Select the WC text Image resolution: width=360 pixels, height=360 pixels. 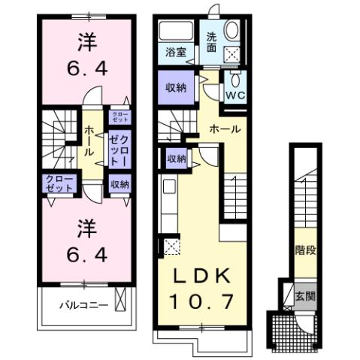[235, 96]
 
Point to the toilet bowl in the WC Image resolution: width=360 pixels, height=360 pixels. [235, 81]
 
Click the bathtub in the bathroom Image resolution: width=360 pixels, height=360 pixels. [177, 32]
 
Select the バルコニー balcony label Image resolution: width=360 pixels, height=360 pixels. [83, 305]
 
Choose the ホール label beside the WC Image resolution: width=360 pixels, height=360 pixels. [225, 129]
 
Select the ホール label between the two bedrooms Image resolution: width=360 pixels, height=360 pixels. [89, 141]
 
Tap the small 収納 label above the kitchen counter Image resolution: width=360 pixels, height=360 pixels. [177, 159]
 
